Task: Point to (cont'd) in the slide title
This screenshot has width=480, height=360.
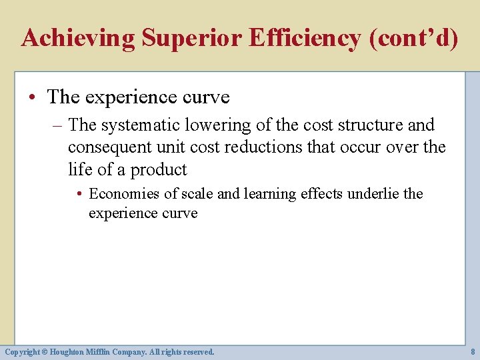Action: [414, 38]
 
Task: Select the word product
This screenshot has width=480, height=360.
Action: [159, 169]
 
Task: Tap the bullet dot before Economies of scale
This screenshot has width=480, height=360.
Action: [79, 195]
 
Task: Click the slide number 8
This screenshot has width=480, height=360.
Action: [473, 351]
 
